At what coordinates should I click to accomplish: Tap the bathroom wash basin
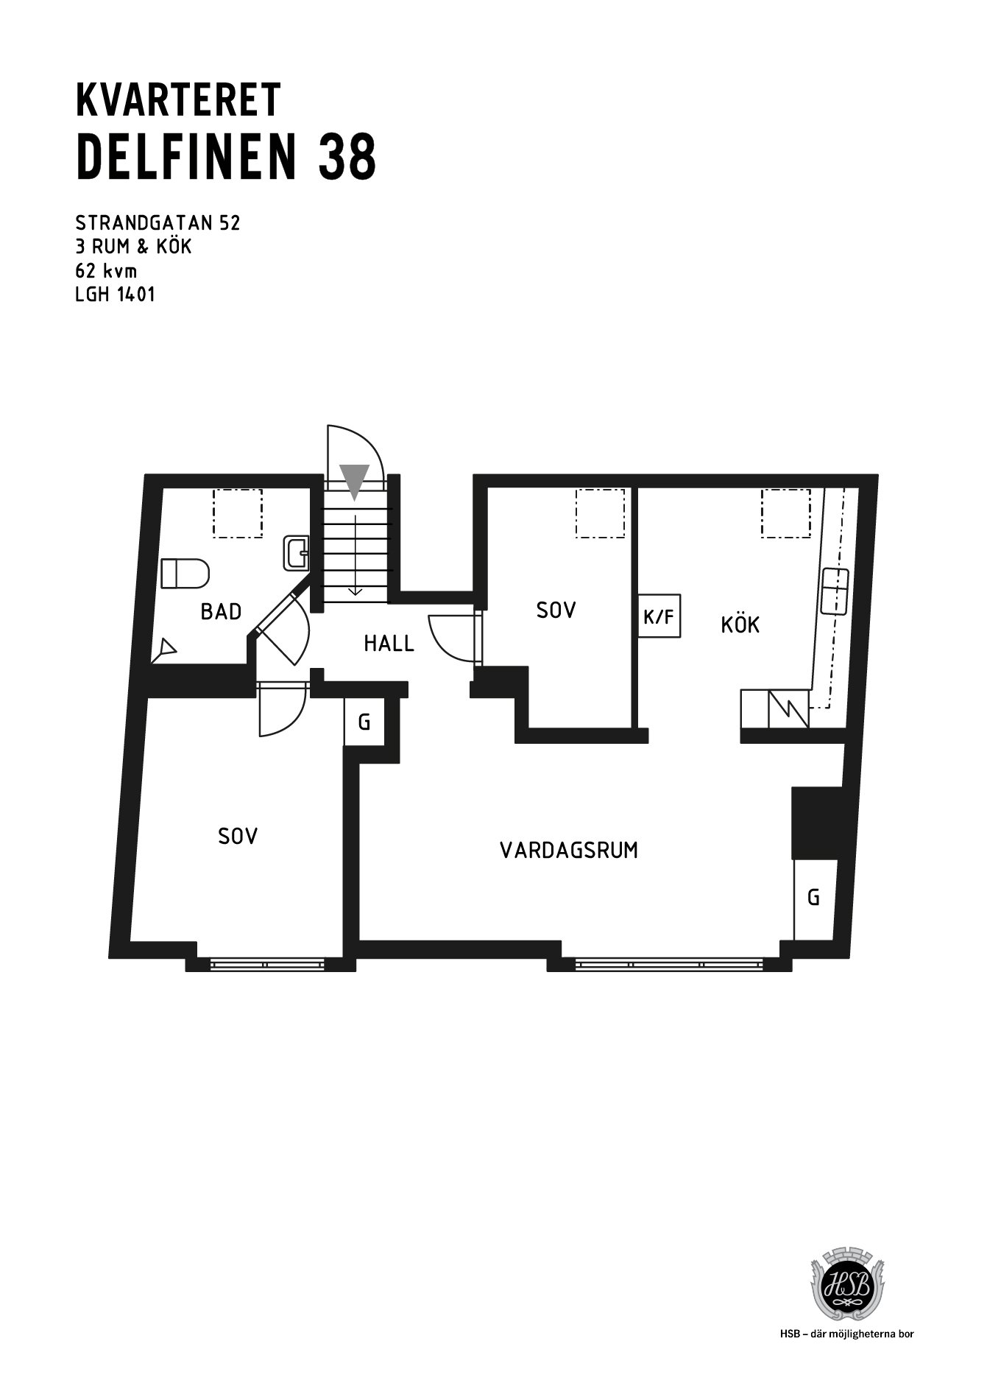point(297,553)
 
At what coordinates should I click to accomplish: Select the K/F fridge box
point(659,615)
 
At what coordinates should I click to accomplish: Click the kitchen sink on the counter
point(835,591)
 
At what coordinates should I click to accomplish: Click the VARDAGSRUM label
point(569,851)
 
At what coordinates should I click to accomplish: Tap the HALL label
point(389,644)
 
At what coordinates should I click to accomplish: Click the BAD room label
point(221,611)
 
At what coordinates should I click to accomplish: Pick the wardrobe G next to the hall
point(364,722)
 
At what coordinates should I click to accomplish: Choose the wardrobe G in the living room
point(813,898)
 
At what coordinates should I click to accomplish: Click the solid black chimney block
point(816,823)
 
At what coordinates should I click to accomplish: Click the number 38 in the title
point(347,157)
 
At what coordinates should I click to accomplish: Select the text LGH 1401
point(116,295)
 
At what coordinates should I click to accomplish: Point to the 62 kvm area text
point(106,270)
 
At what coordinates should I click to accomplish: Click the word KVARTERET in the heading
point(178,99)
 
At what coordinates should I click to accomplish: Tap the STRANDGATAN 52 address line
point(158,222)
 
